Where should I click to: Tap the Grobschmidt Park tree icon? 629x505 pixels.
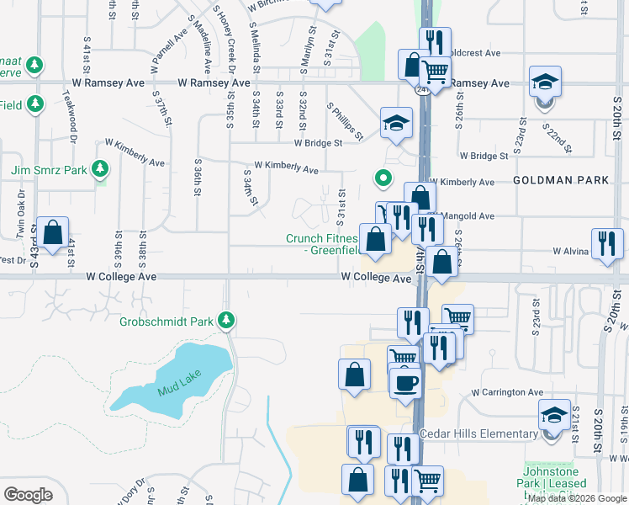(x=225, y=320)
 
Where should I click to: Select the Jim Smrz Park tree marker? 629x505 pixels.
(x=100, y=169)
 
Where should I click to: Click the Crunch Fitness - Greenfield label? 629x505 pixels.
(x=322, y=244)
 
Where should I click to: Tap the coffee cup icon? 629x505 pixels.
(x=405, y=381)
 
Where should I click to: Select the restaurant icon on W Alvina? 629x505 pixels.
(x=607, y=243)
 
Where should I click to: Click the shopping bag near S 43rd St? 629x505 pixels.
(x=52, y=234)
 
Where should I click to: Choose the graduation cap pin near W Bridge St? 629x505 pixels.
(x=396, y=123)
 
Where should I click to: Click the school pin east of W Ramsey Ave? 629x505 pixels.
(x=545, y=83)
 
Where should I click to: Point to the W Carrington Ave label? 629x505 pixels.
(x=507, y=392)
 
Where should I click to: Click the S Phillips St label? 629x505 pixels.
(x=346, y=124)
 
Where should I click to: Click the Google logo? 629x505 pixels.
(x=29, y=495)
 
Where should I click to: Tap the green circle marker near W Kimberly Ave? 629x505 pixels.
(x=383, y=178)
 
